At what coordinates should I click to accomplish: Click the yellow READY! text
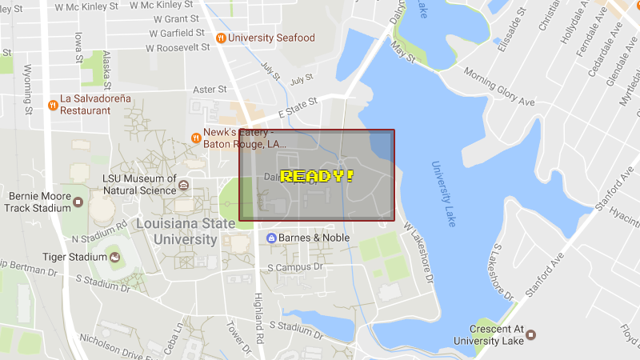(317, 175)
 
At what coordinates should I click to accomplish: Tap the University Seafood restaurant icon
(221, 38)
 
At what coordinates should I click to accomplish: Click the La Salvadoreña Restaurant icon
(53, 104)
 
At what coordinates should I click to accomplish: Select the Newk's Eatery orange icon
(195, 138)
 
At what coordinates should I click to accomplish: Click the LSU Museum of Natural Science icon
(184, 185)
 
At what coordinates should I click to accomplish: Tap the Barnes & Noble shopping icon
(271, 238)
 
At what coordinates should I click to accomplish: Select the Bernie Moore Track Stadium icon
(78, 201)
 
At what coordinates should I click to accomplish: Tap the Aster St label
(210, 90)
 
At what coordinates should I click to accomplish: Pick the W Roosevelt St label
(177, 47)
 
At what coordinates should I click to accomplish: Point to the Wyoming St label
(28, 89)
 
